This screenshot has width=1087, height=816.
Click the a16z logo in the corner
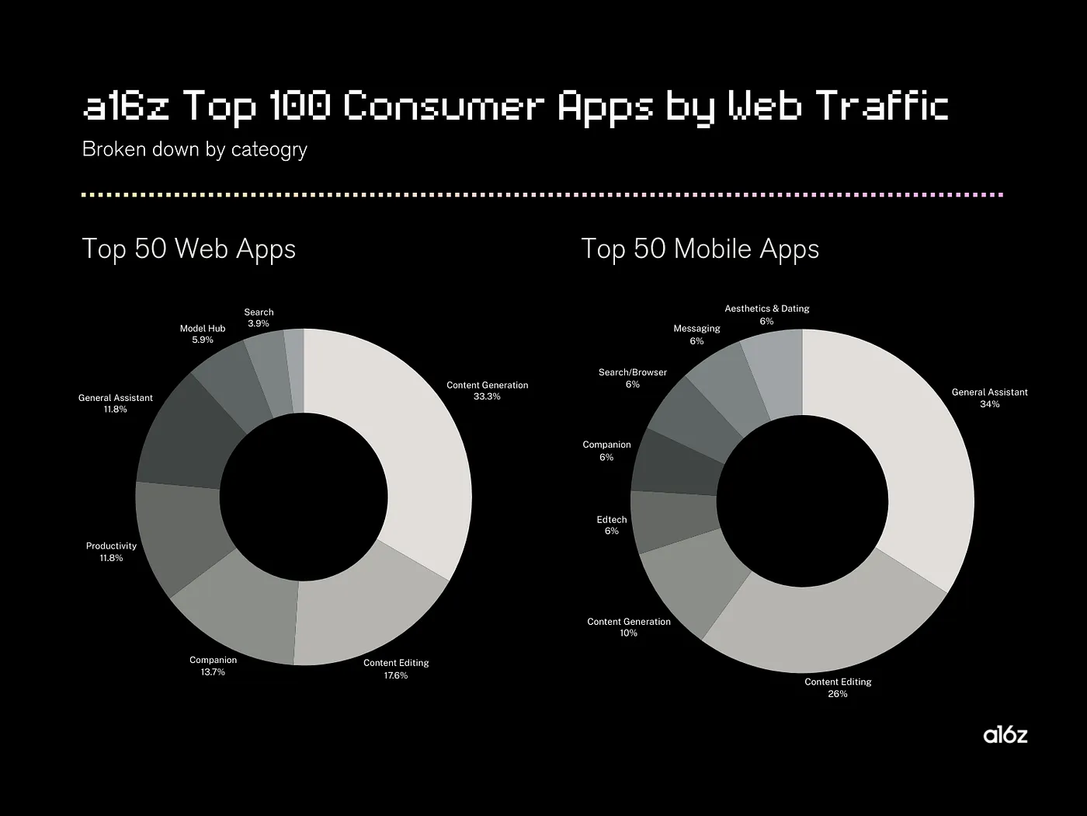(1005, 734)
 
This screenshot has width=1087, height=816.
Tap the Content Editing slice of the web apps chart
(365, 614)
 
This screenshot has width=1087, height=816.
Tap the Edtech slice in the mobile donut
(672, 521)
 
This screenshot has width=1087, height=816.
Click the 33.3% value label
(487, 397)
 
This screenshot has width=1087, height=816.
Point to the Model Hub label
(203, 329)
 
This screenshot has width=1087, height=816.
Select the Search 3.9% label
(259, 318)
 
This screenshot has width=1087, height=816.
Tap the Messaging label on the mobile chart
(696, 329)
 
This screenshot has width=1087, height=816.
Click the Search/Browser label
(633, 372)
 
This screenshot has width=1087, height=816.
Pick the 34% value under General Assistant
(990, 404)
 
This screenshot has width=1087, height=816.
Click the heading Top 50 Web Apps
(189, 249)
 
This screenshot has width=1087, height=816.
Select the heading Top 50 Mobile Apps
(700, 249)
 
